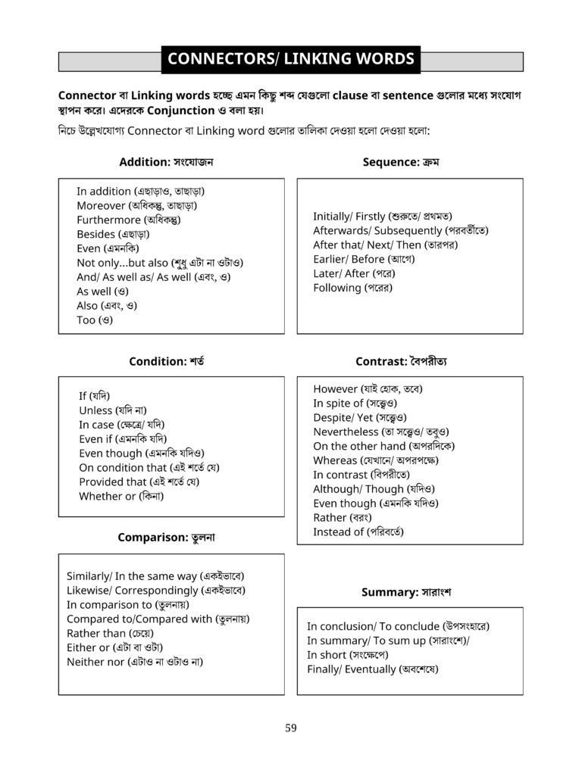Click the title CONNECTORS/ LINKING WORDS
tap(290, 59)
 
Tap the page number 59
tap(291, 728)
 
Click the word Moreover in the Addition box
tap(101, 206)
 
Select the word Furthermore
tap(108, 220)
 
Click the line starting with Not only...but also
tap(159, 263)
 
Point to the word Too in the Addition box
tap(86, 320)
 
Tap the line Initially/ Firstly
tap(383, 217)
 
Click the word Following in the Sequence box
tap(336, 288)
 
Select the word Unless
tap(95, 410)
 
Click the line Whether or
tap(121, 497)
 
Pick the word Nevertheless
tap(346, 432)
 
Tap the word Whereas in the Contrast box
tap(335, 461)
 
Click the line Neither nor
tap(135, 663)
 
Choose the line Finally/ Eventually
tap(372, 669)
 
